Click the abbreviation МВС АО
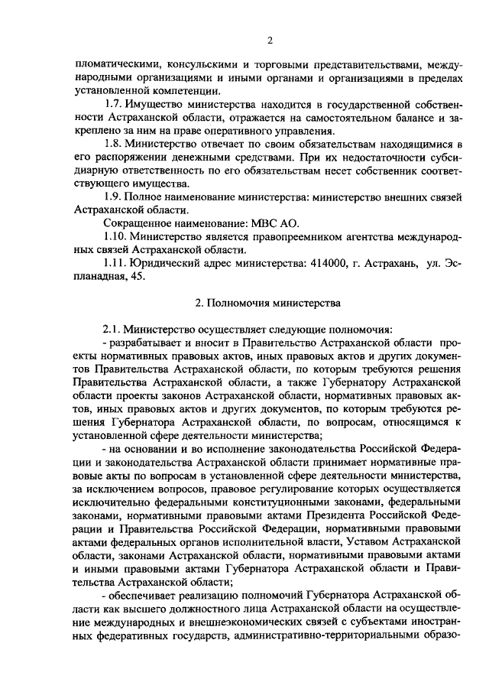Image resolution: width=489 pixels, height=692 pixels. pos(274,223)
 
